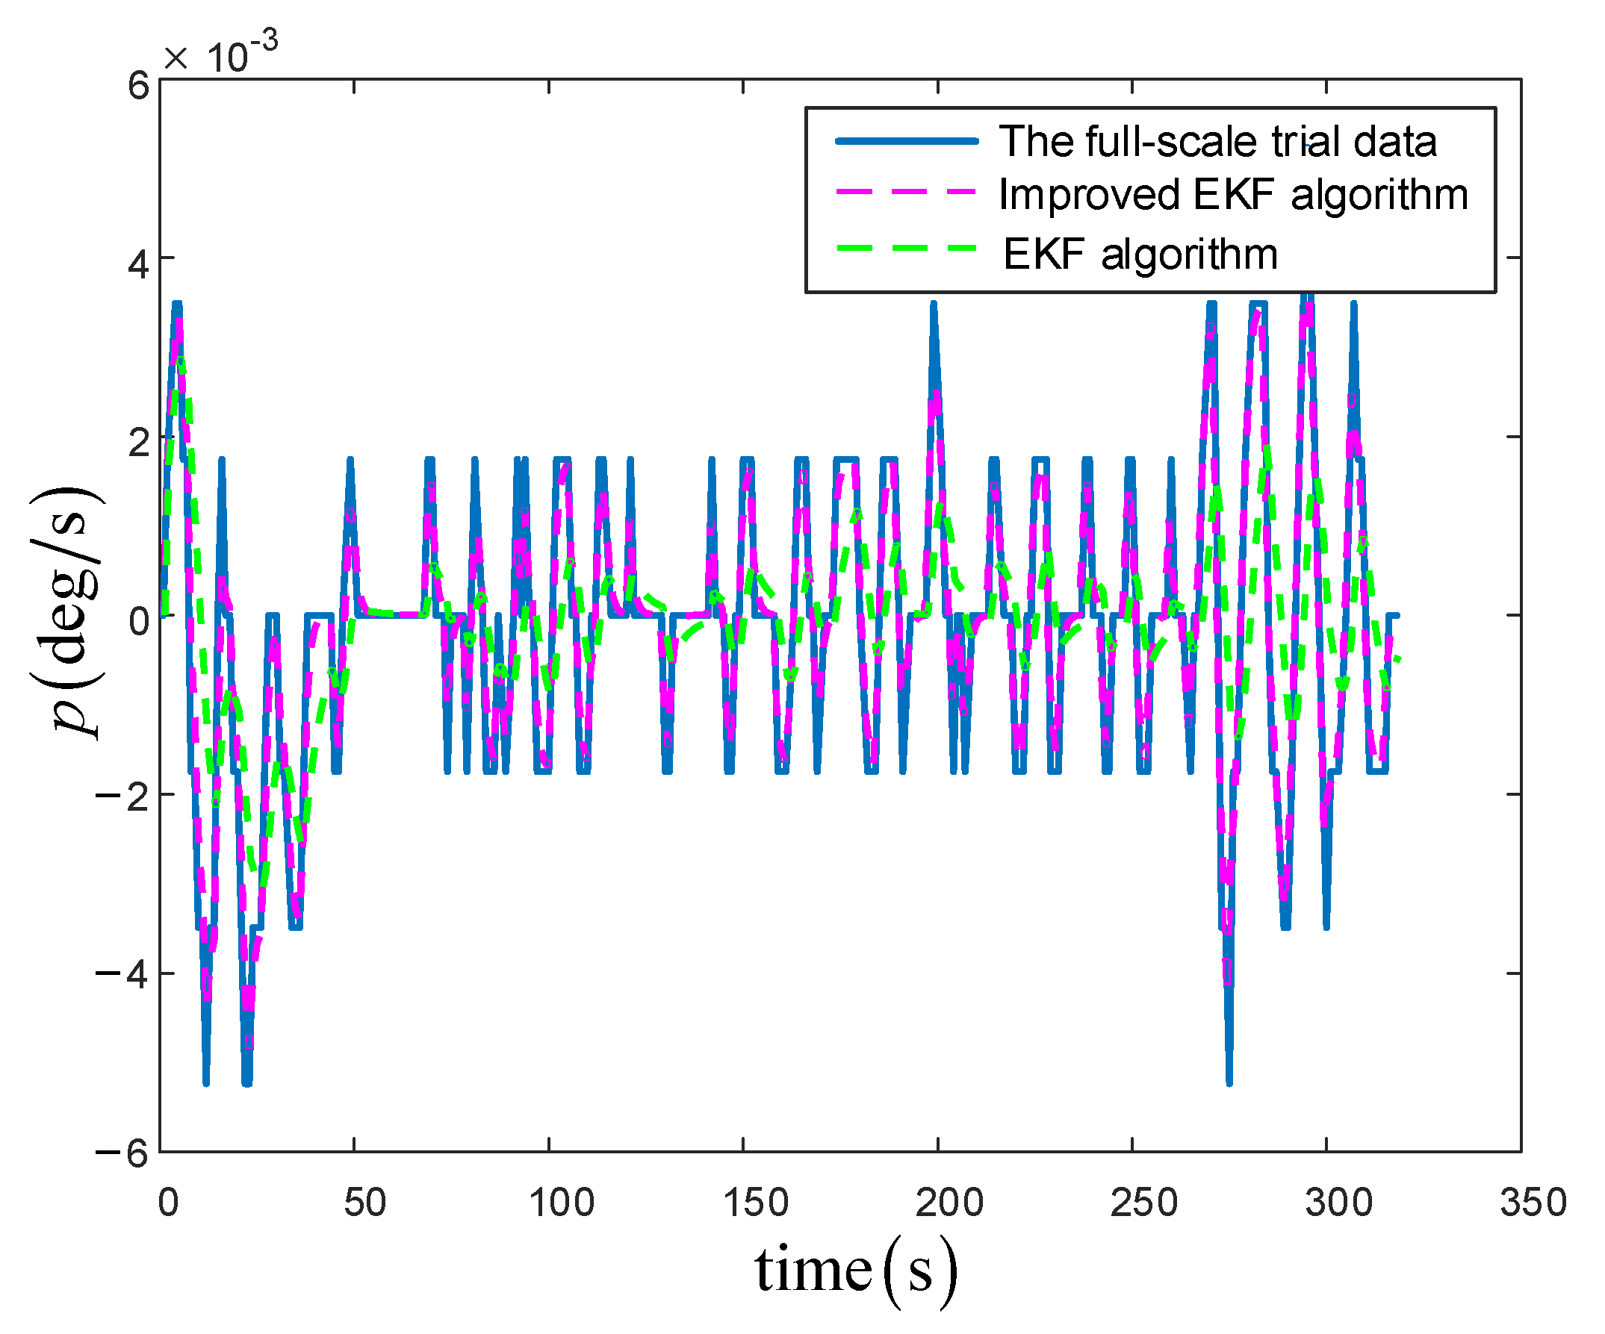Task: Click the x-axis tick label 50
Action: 364,1203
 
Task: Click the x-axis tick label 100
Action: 561,1203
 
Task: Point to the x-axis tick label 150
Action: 755,1203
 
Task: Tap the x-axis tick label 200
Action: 949,1203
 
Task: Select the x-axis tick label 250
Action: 1143,1203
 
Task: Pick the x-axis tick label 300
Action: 1338,1203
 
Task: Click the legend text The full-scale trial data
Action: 1217,142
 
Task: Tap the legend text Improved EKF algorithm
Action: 1233,195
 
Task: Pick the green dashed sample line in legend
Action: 907,249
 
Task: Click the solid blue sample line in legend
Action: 907,140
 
